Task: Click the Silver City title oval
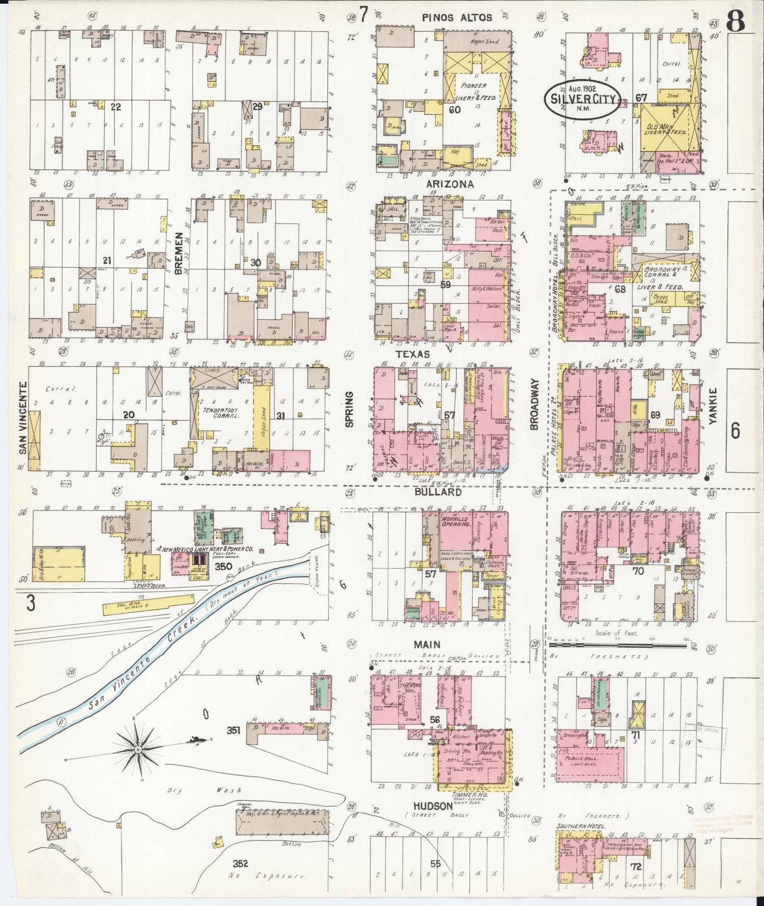click(582, 99)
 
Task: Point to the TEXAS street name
click(412, 354)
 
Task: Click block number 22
click(116, 107)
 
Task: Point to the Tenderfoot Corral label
click(222, 412)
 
